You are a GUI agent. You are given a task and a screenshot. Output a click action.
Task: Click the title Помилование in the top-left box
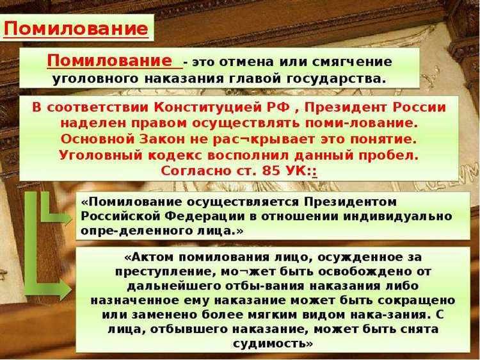pyautogui.click(x=76, y=28)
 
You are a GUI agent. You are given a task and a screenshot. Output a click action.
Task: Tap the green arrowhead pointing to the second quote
pyautogui.click(x=65, y=290)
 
